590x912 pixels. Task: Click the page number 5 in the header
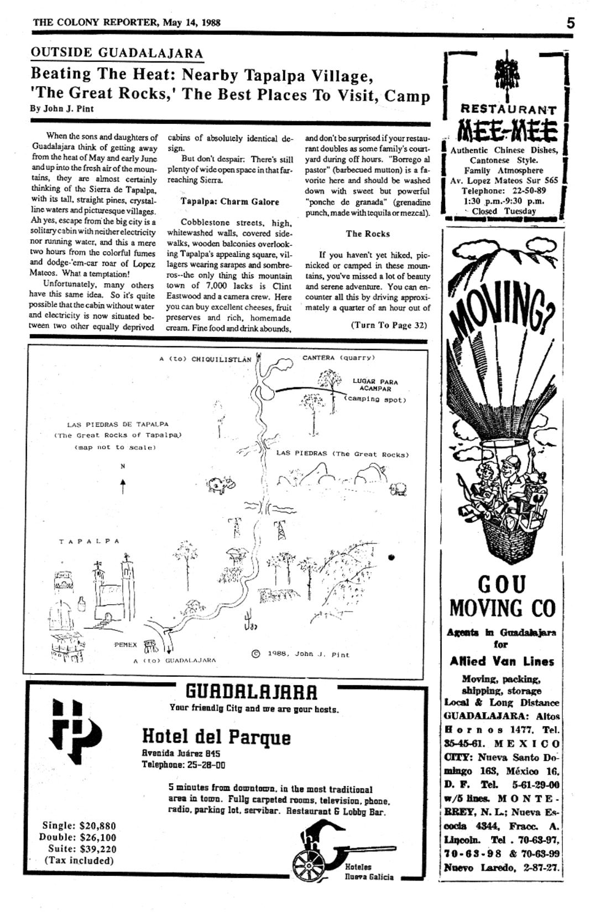(x=571, y=23)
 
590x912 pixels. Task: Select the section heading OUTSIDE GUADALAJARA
(x=117, y=53)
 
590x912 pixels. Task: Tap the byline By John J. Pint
(x=61, y=108)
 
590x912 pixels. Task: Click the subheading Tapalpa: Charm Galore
(x=229, y=201)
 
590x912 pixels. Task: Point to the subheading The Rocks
(x=368, y=234)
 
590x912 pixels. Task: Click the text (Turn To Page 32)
(x=389, y=325)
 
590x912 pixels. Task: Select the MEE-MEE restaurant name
(x=505, y=132)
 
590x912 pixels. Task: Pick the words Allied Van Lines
(x=502, y=661)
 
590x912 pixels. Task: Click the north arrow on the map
(x=123, y=486)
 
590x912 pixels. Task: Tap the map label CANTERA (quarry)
(x=338, y=357)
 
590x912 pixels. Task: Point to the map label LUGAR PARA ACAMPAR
(x=375, y=385)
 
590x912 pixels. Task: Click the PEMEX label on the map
(x=126, y=645)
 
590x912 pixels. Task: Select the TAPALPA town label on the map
(x=89, y=541)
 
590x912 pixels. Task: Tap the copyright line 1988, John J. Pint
(x=301, y=654)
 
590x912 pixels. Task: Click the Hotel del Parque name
(x=216, y=737)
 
